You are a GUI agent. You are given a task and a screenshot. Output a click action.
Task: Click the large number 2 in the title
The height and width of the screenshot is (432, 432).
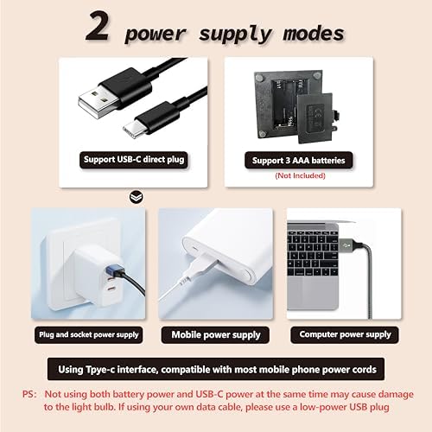pyautogui.click(x=98, y=27)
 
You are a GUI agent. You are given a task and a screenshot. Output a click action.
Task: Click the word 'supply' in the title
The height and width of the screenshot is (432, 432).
pyautogui.click(x=235, y=35)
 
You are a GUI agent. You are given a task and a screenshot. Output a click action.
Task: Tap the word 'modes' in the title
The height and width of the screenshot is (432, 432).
pyautogui.click(x=314, y=33)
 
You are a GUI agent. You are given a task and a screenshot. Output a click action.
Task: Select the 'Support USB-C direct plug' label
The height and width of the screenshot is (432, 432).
pyautogui.click(x=134, y=160)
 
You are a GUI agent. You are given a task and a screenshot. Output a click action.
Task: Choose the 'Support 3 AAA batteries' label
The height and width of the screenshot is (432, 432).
pyautogui.click(x=299, y=161)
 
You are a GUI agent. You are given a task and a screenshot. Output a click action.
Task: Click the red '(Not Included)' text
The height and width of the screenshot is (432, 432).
pyautogui.click(x=300, y=175)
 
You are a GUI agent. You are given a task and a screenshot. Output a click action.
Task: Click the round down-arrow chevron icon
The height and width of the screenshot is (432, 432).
pyautogui.click(x=136, y=197)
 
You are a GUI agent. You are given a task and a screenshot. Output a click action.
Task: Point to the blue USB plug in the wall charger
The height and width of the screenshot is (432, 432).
pyautogui.click(x=115, y=270)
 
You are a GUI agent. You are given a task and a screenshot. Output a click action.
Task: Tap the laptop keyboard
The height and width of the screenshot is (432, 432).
pyautogui.click(x=313, y=253)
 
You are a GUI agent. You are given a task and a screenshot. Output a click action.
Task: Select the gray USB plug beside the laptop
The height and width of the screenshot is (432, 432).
pyautogui.click(x=349, y=245)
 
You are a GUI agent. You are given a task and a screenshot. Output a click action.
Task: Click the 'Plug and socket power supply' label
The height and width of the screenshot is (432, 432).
pyautogui.click(x=89, y=334)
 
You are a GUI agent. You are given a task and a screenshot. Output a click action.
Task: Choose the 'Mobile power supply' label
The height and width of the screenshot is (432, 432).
pyautogui.click(x=215, y=334)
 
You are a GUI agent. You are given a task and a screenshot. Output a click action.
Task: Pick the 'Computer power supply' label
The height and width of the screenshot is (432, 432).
pyautogui.click(x=345, y=334)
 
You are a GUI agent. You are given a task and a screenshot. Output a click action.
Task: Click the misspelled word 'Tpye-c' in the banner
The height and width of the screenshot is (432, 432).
pyautogui.click(x=99, y=370)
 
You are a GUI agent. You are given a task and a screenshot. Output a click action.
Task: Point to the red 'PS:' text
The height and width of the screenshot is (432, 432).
pyautogui.click(x=29, y=394)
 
